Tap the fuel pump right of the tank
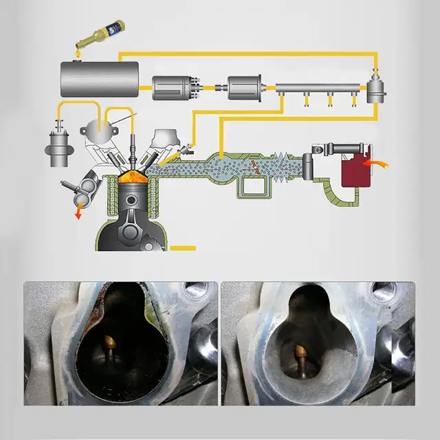(175, 87)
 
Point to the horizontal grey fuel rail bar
(320, 88)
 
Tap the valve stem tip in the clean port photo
(300, 352)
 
